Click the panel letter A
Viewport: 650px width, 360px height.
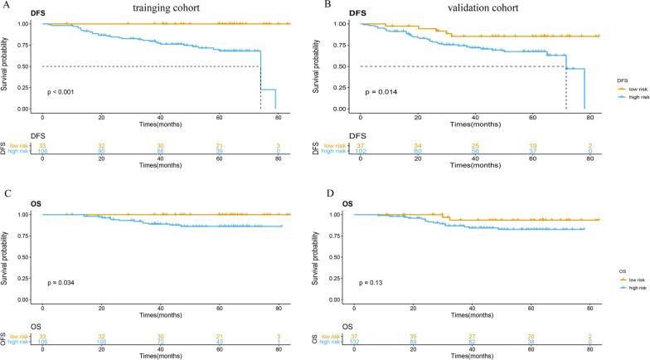[5, 4]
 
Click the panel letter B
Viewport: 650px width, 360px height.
[329, 4]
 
